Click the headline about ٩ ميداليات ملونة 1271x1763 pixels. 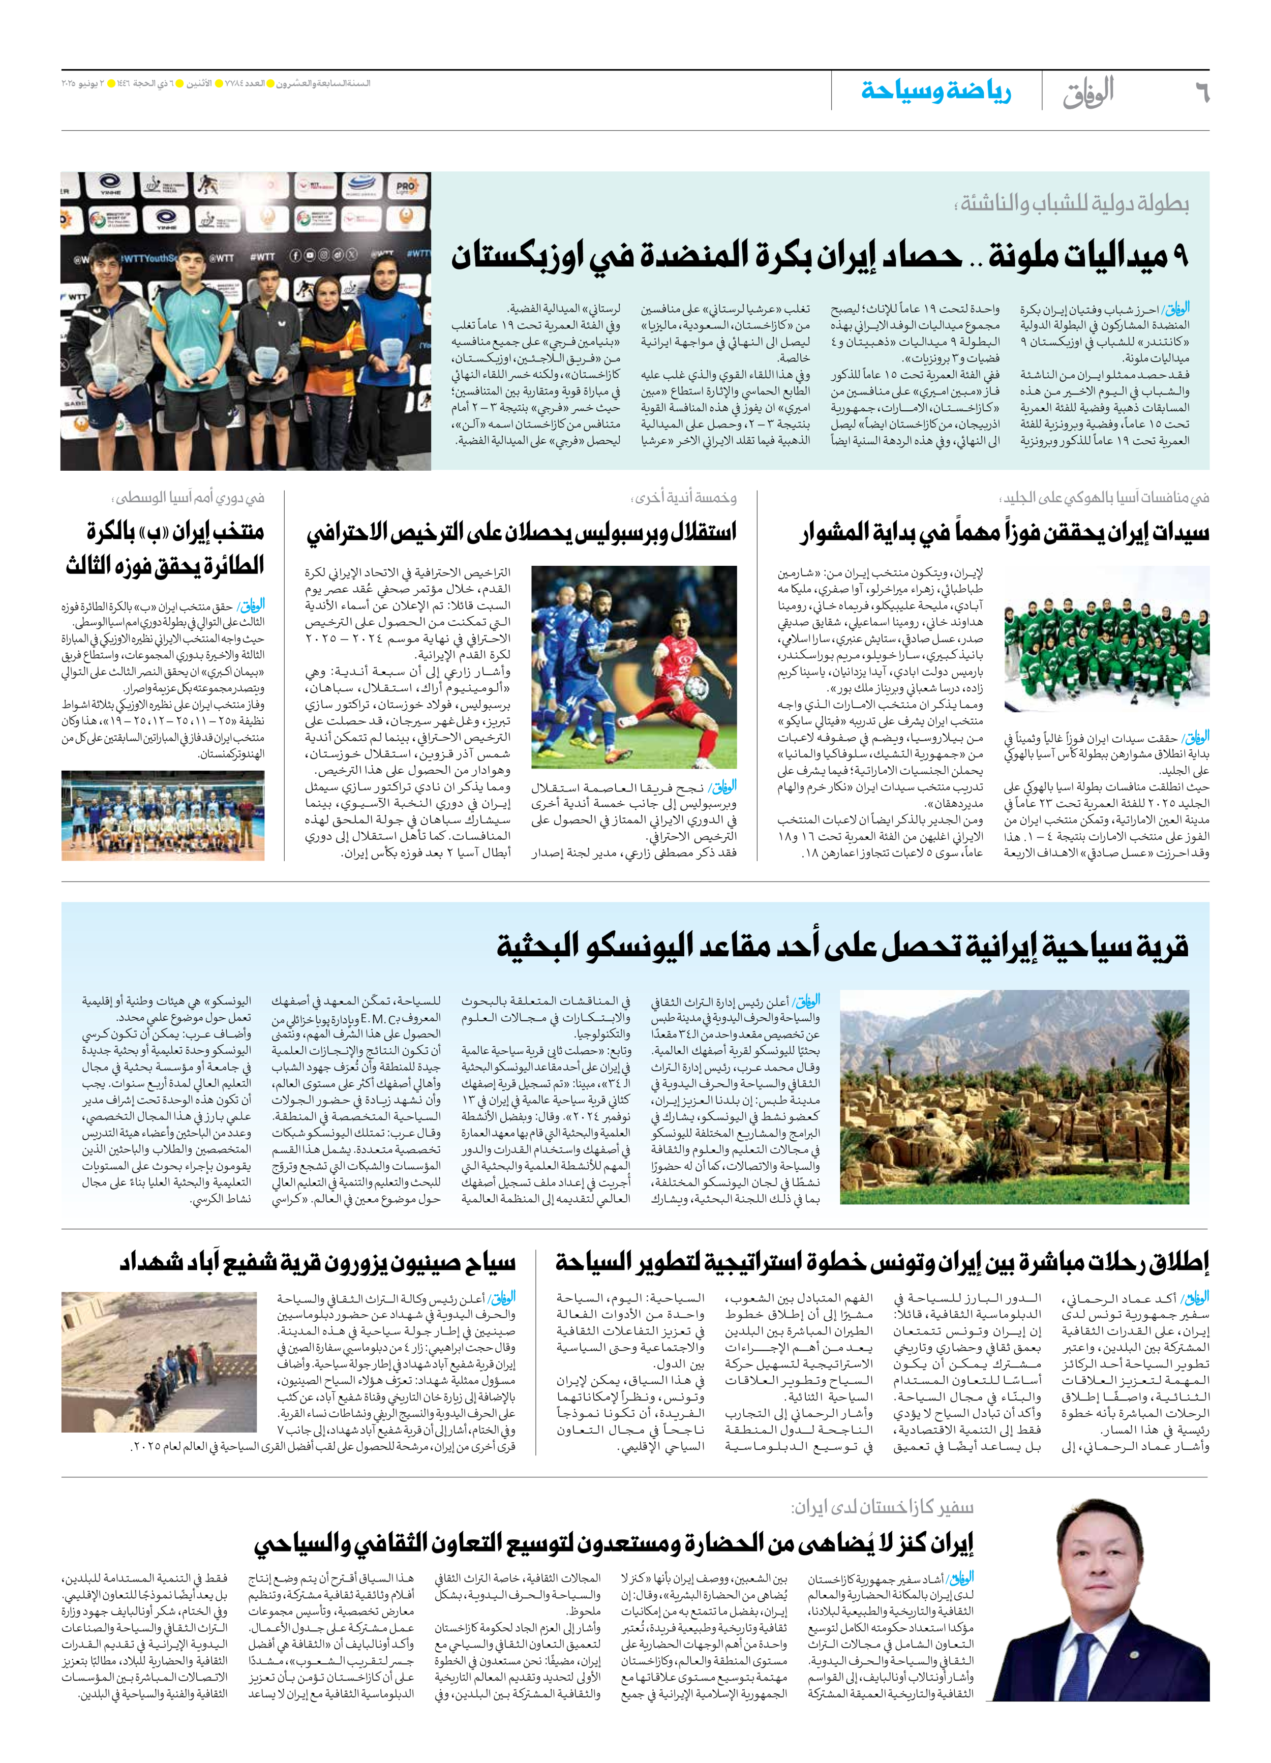[x=820, y=256]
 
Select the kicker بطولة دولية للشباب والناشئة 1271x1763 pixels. [x=1074, y=204]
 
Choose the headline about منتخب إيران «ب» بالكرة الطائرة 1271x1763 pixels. [x=165, y=548]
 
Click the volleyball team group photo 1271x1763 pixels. [x=163, y=815]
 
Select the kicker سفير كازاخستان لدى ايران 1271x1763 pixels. [x=882, y=1508]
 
